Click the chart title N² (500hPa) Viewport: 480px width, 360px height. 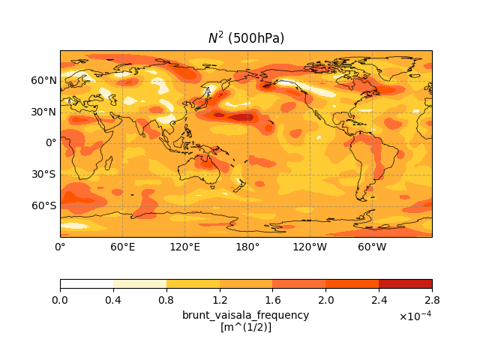tap(246, 38)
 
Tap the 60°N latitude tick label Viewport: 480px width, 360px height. tap(43, 80)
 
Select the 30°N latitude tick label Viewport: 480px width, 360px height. tap(43, 112)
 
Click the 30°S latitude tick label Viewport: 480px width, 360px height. tap(43, 174)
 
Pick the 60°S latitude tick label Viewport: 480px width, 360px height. tap(43, 205)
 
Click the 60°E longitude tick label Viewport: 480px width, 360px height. tap(122, 247)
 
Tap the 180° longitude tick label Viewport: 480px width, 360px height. tap(247, 247)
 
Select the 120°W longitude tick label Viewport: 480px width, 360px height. tap(310, 247)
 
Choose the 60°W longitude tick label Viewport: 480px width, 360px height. tap(372, 247)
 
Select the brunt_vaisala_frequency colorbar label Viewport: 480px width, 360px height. tap(245, 315)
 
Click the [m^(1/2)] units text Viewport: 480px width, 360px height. tap(245, 327)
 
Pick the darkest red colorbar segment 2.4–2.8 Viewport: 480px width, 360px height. tap(405, 284)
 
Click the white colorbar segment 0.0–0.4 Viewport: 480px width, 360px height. tap(86, 284)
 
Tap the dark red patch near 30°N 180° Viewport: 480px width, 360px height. tap(241, 117)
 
